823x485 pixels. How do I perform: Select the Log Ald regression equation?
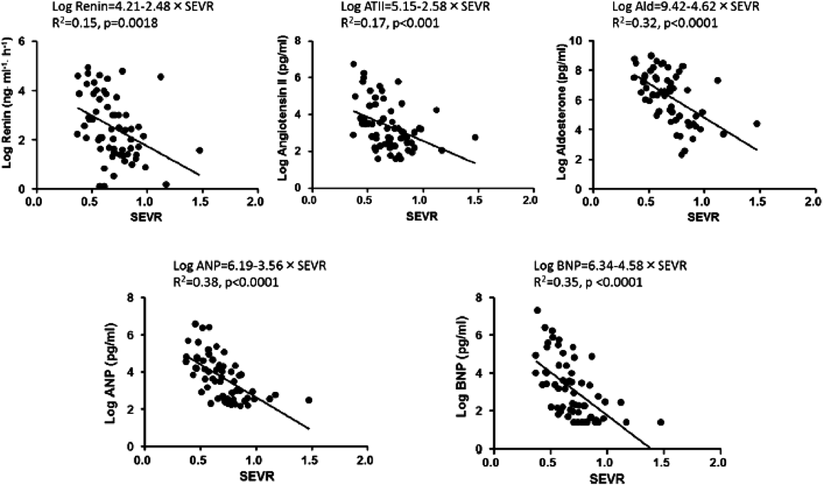[686, 7]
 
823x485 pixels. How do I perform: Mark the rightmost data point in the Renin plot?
[199, 150]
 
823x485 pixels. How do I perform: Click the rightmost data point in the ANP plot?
[309, 400]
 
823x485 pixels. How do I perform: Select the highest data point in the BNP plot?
[537, 311]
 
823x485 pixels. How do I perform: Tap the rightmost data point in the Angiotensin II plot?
[475, 137]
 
